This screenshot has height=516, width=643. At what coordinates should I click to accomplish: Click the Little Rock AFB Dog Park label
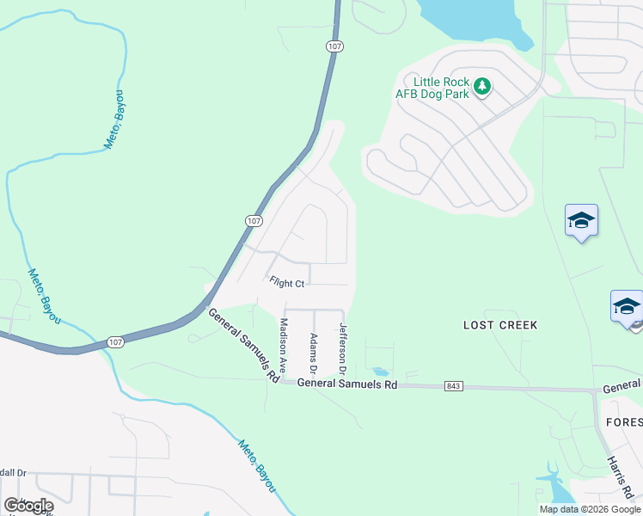coord(432,87)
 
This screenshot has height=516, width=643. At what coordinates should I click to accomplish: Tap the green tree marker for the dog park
coord(482,86)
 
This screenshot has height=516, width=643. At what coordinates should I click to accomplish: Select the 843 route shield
coord(454,386)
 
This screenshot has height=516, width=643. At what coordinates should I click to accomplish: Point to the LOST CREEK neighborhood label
coord(500,325)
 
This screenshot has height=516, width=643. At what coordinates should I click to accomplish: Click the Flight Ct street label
coord(286,282)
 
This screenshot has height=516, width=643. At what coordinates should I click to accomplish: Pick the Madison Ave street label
coord(282,345)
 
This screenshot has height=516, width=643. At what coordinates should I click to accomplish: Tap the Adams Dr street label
coord(314,353)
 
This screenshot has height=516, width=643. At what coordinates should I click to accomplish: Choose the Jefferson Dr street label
coord(342,348)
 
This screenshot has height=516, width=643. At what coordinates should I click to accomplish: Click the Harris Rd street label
coord(621,476)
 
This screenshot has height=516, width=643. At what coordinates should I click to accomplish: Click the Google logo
coord(29,506)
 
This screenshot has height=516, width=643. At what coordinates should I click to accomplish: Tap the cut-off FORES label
coord(623,422)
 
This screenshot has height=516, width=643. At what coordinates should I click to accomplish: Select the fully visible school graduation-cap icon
coord(581,222)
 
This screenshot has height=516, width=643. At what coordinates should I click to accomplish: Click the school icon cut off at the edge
coord(628,307)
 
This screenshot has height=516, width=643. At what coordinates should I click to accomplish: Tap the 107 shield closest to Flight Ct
coord(253,221)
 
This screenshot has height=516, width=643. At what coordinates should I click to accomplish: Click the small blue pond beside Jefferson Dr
coord(379,372)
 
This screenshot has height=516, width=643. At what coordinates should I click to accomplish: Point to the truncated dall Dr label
coord(14,473)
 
